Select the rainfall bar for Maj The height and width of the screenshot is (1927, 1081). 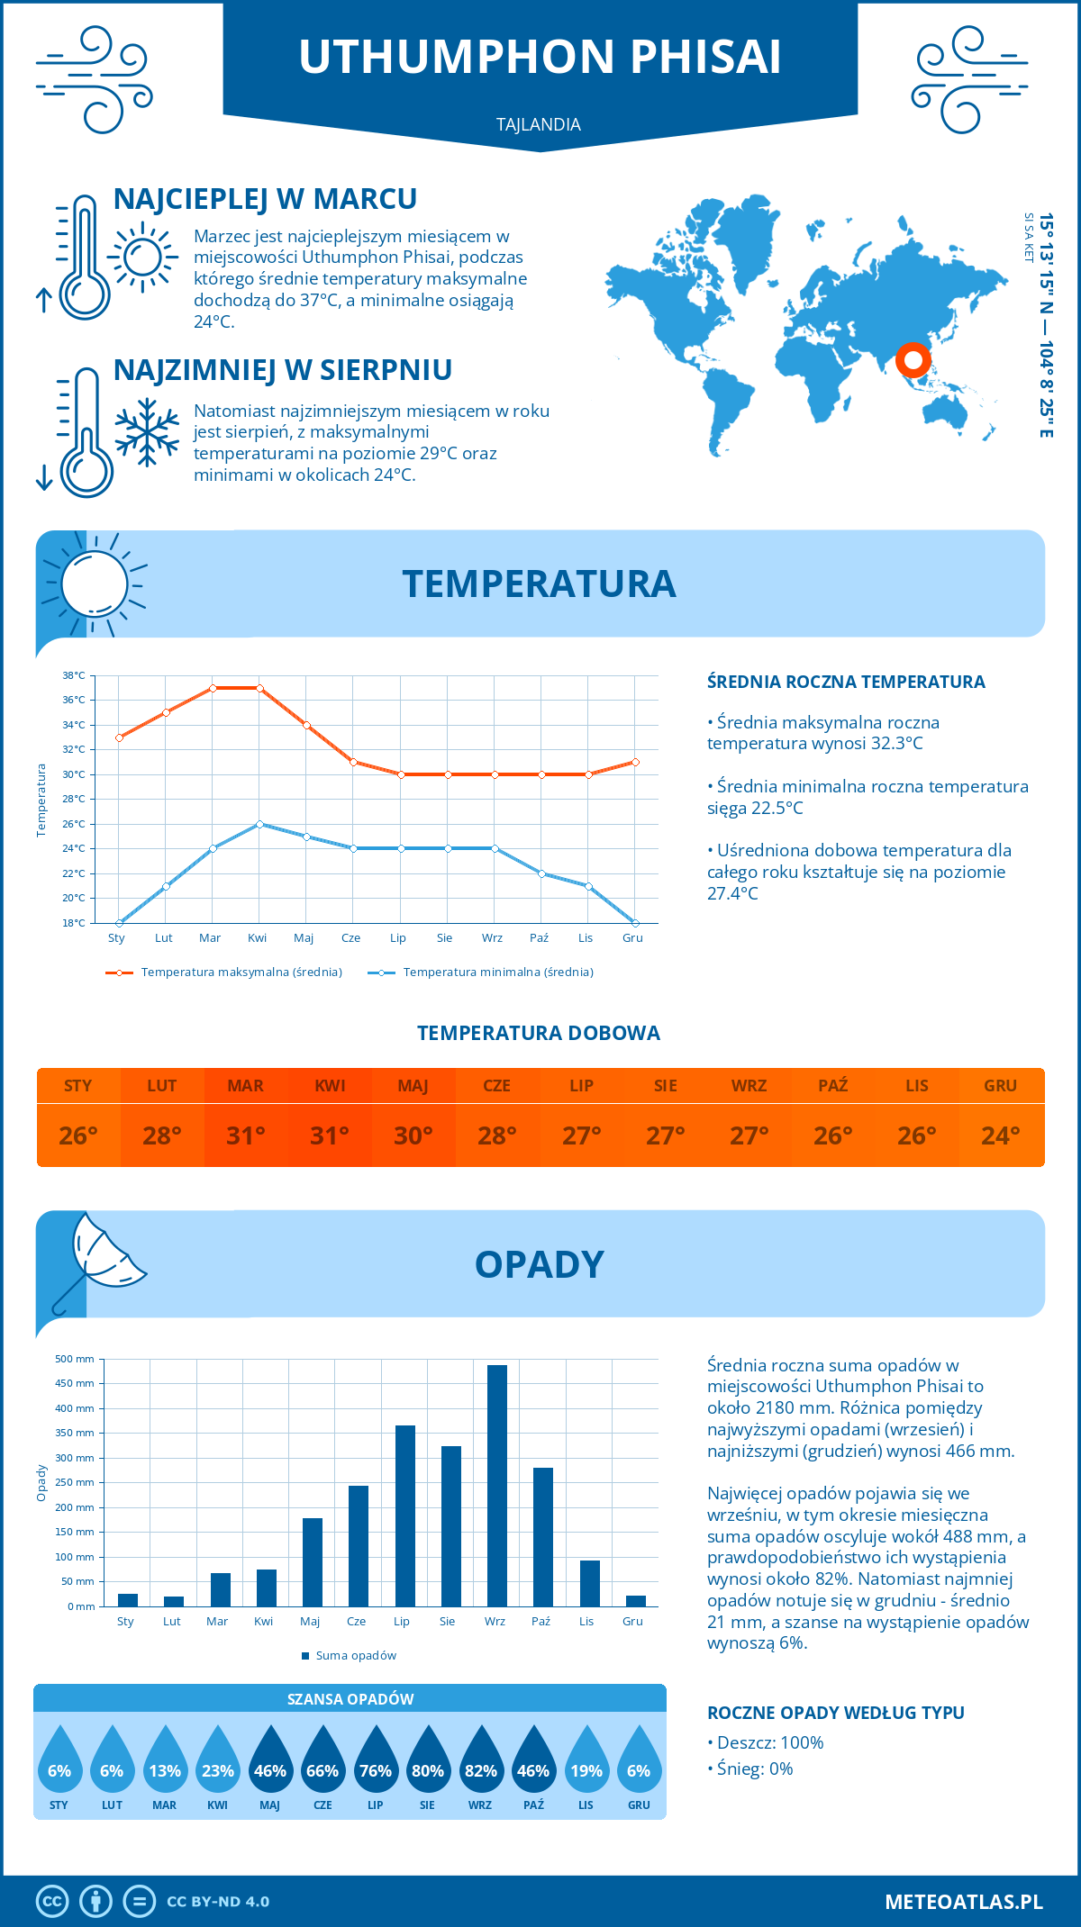point(313,1562)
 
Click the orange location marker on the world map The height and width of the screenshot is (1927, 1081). point(913,360)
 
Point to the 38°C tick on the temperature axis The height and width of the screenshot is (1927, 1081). point(74,675)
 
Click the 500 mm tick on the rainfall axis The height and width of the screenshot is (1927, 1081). point(75,1359)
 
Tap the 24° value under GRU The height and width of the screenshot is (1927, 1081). point(1000,1135)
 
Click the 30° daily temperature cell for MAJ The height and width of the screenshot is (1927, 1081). point(413,1135)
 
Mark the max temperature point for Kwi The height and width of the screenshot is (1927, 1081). point(259,688)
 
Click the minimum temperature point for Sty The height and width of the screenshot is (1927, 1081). point(119,923)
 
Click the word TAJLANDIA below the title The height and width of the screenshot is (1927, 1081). point(539,124)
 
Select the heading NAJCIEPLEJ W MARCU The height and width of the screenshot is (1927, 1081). point(265,199)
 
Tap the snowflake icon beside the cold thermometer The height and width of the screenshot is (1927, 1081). point(147,432)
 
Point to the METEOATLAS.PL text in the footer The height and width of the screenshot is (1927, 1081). point(964,1902)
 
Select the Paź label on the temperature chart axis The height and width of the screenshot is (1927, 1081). point(539,938)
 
